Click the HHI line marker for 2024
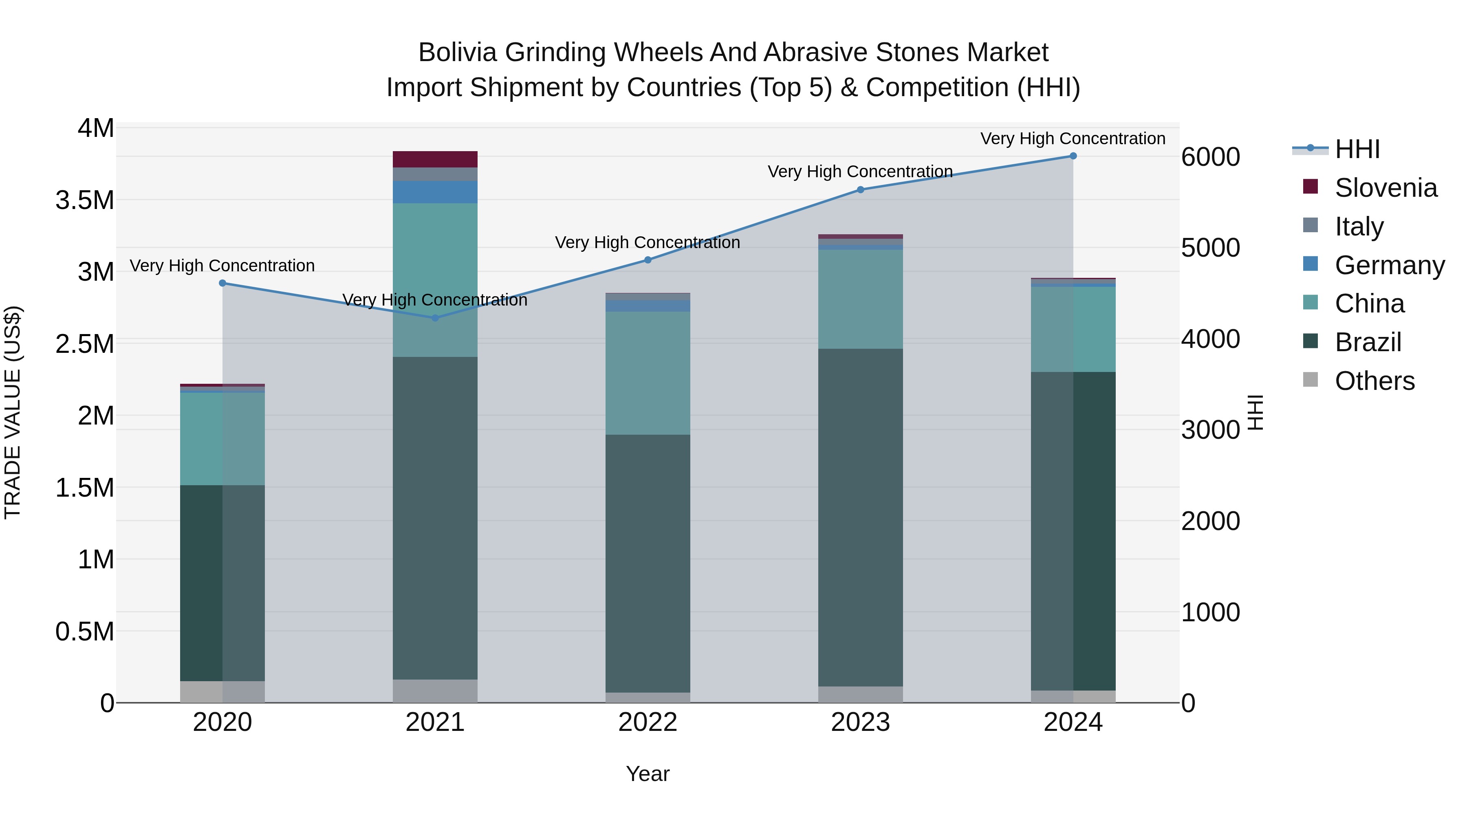[x=1073, y=156]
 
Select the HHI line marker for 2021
[x=435, y=318]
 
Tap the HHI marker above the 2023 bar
[x=861, y=189]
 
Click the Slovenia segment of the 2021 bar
[x=435, y=159]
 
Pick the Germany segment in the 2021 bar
[x=435, y=192]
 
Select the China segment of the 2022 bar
[x=648, y=373]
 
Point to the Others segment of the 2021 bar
[x=435, y=691]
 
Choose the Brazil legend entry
[x=1368, y=342]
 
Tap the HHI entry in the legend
[x=1357, y=149]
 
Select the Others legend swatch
[x=1311, y=380]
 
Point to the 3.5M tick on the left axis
[x=85, y=200]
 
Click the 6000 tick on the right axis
[x=1210, y=157]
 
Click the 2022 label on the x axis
[x=648, y=722]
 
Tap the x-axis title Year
[x=648, y=774]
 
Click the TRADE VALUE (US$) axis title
[x=13, y=412]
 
